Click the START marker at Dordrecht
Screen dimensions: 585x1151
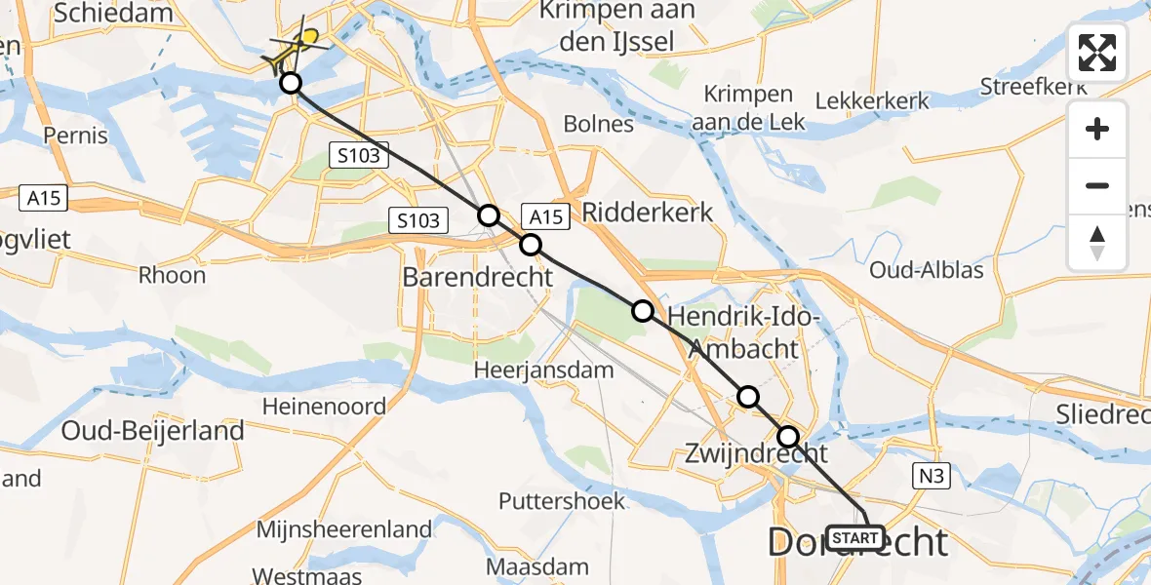(855, 537)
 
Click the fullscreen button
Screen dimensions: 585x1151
(1097, 53)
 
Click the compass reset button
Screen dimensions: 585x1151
(1097, 242)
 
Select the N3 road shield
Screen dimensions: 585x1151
(930, 476)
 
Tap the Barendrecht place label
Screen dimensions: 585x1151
(478, 277)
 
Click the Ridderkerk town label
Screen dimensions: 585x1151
(648, 212)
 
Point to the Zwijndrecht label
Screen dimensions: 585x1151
(756, 452)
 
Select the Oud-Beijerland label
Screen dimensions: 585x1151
(152, 430)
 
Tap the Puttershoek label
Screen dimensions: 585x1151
(562, 501)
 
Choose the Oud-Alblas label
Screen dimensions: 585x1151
(927, 269)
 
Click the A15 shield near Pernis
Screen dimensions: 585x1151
(44, 199)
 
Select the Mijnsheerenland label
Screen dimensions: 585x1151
(344, 529)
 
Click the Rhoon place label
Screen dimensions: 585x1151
(172, 275)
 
